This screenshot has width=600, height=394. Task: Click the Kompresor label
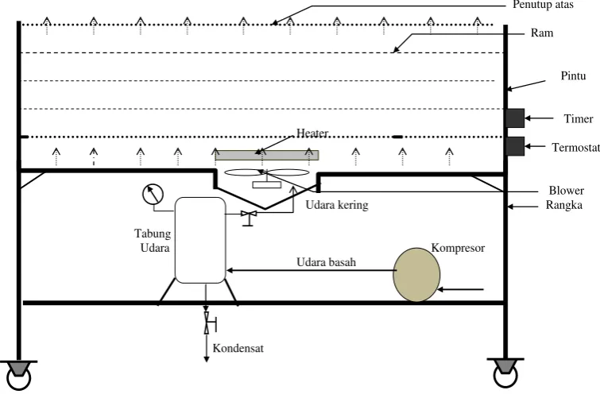pos(458,249)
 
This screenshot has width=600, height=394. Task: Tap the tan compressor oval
pos(416,275)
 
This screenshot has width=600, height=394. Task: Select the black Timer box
pos(515,118)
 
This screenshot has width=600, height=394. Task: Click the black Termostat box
pos(515,146)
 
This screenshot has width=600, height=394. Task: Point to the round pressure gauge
pos(153,195)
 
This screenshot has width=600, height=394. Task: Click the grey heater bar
pos(267,155)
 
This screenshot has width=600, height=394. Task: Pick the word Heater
pos(312,133)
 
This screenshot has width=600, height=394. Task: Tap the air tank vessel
pos(200,240)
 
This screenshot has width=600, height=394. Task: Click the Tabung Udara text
pos(153,241)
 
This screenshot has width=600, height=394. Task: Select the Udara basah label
pos(327,262)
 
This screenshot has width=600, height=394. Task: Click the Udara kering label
pos(337,205)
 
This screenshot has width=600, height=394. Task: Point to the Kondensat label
pos(238,348)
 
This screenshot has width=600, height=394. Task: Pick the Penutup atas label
pos(543,5)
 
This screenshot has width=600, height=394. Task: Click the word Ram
pos(542,33)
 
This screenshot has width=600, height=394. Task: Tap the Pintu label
pos(573,75)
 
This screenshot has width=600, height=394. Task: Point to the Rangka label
pos(564,206)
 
